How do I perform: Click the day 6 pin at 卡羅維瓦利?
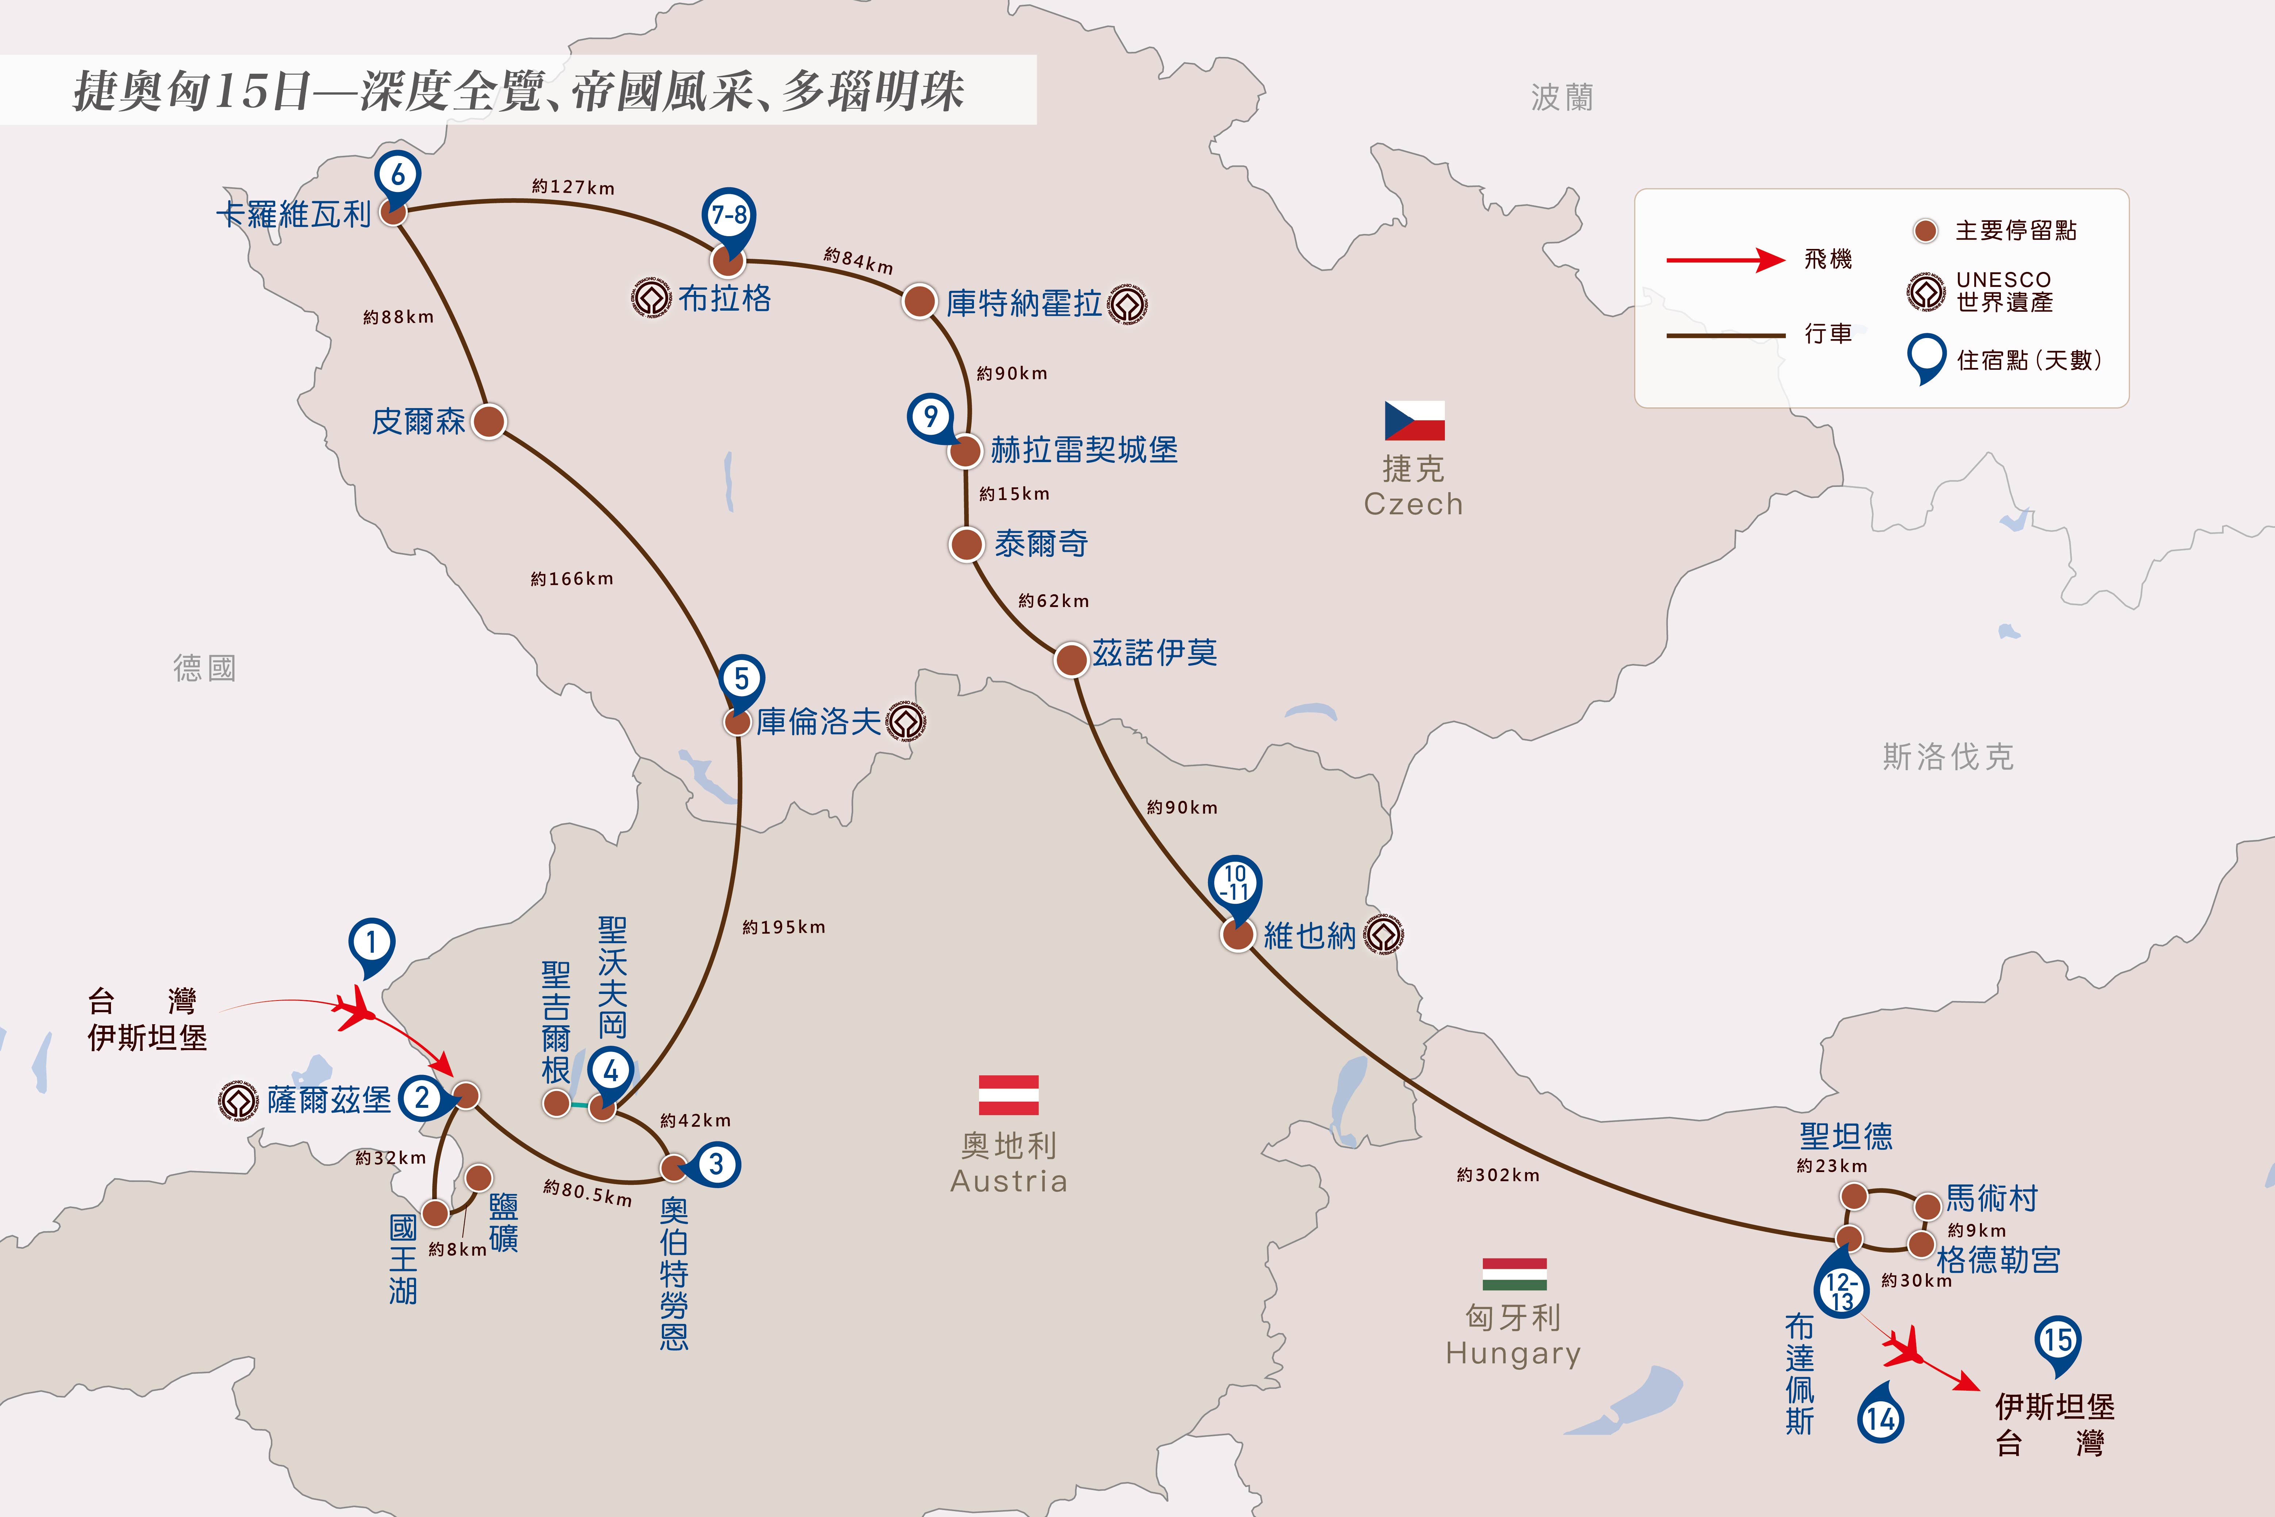pyautogui.click(x=397, y=179)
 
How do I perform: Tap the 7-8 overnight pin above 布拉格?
pyautogui.click(x=729, y=220)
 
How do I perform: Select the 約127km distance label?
pyautogui.click(x=573, y=187)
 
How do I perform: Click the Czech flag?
pyautogui.click(x=1415, y=421)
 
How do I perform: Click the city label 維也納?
pyautogui.click(x=1309, y=936)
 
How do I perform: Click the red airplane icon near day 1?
pyautogui.click(x=357, y=1009)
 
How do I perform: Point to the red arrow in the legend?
pyautogui.click(x=1725, y=259)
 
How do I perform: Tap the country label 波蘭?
pyautogui.click(x=1562, y=97)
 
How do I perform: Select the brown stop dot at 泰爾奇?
pyautogui.click(x=966, y=544)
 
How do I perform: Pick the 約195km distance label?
pyautogui.click(x=784, y=927)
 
